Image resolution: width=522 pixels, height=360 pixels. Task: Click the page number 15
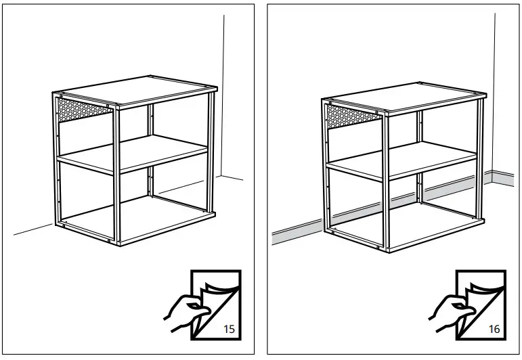pos(229,330)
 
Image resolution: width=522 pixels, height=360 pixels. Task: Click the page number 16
pos(494,330)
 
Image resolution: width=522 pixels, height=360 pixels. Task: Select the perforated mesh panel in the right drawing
pos(352,114)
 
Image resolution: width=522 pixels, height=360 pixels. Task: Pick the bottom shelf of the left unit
pos(135,221)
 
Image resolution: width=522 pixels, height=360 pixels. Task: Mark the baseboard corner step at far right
pos(492,177)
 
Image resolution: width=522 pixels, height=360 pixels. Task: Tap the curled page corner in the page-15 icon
pos(223,288)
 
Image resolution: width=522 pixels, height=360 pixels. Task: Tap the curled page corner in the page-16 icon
pos(488,288)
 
